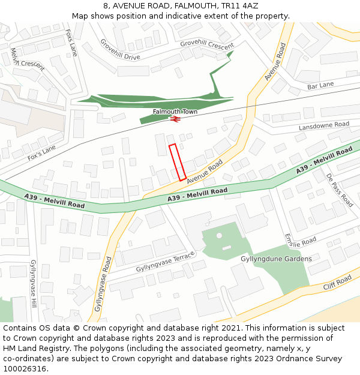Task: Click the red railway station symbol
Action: (x=175, y=119)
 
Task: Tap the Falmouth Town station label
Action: (x=175, y=112)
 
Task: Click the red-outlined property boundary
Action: (x=177, y=162)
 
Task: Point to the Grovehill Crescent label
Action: (x=207, y=45)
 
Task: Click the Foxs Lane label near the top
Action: (x=71, y=41)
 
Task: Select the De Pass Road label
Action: (x=340, y=190)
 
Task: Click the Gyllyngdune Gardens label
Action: (x=276, y=259)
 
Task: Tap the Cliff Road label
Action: (x=337, y=283)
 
